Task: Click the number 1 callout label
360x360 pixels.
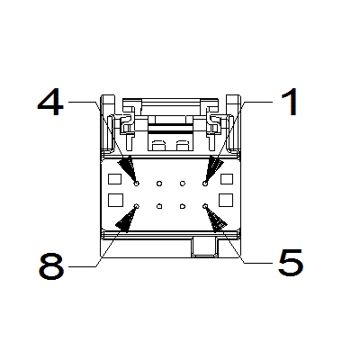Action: click(290, 102)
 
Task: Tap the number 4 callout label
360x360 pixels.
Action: click(50, 103)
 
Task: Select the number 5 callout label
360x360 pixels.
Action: click(291, 263)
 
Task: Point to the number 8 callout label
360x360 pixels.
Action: click(51, 266)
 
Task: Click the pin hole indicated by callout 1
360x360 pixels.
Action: click(205, 183)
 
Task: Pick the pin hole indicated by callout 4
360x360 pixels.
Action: click(137, 183)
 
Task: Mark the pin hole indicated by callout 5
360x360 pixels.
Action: click(205, 206)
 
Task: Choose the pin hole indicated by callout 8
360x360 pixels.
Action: click(137, 206)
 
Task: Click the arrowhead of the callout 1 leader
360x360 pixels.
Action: click(214, 168)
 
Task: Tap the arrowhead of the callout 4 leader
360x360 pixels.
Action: click(127, 168)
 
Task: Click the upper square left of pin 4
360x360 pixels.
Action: click(114, 179)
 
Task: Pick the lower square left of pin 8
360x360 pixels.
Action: click(115, 200)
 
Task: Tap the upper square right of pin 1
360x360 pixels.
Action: click(227, 179)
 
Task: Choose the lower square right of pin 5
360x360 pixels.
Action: click(226, 200)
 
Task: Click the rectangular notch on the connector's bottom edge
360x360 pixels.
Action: click(204, 247)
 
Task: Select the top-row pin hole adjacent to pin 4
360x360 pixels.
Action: click(159, 183)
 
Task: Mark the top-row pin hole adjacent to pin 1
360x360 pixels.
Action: click(183, 183)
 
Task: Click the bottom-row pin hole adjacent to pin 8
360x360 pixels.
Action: click(159, 206)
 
